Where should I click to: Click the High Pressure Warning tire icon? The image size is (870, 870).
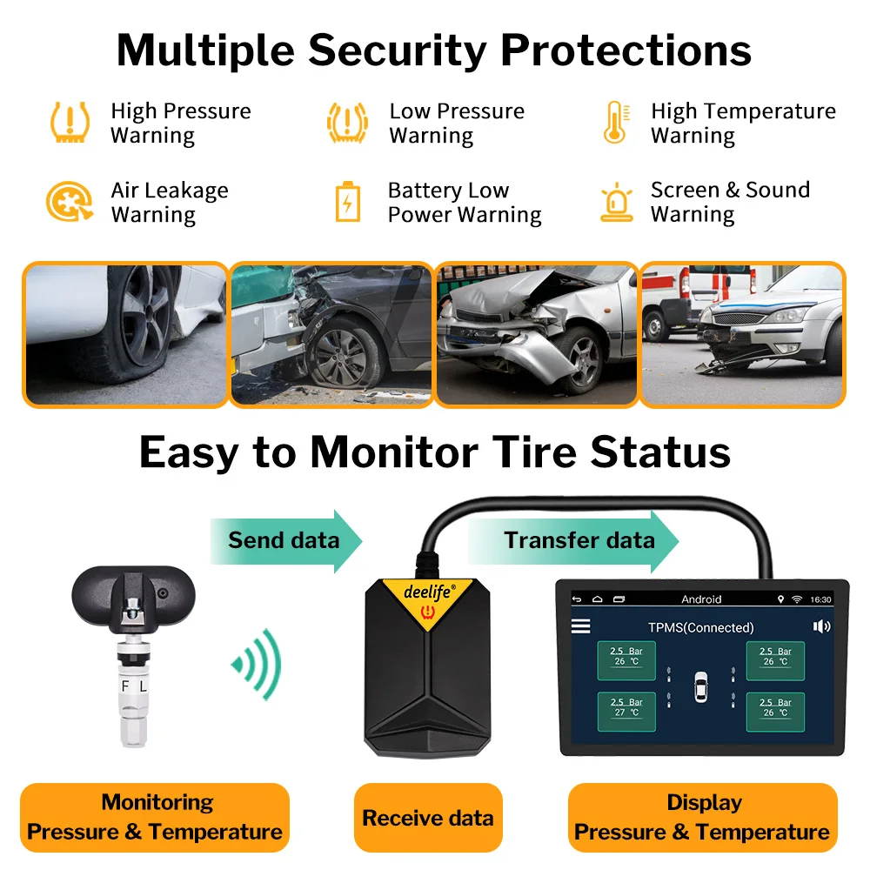pos(69,123)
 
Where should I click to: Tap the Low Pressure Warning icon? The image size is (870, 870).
pos(347,123)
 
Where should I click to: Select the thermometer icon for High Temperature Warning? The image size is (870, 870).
pos(615,123)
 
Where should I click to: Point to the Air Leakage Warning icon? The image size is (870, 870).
pos(69,202)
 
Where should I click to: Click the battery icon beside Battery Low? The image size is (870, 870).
pos(347,202)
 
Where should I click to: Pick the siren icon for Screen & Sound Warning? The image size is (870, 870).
pos(616,202)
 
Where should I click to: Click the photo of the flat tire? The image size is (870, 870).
pos(125,335)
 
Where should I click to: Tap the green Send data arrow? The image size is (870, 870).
pos(285,540)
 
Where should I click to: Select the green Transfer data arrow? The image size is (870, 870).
pos(573,540)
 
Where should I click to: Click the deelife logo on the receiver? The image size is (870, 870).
pos(428,592)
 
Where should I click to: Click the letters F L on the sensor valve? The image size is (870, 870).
pos(134,686)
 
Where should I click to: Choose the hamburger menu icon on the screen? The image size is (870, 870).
pos(580,626)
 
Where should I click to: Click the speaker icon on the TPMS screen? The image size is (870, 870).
pos(820,626)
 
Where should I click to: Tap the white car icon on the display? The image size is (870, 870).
pos(700,686)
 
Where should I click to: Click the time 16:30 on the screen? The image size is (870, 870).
pos(820,599)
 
